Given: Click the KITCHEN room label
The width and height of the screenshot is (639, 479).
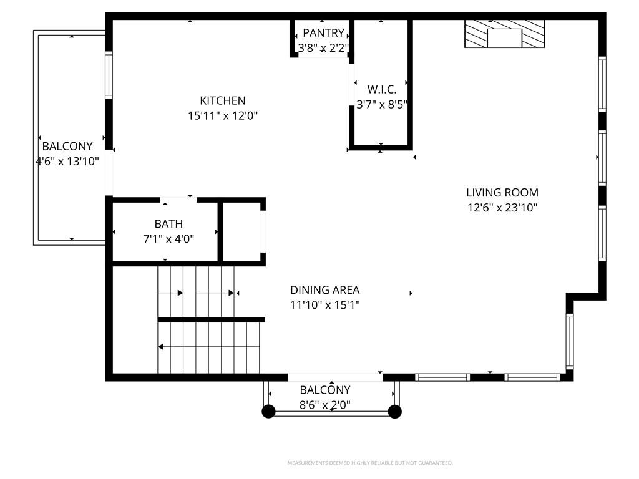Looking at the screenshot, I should click(x=223, y=100).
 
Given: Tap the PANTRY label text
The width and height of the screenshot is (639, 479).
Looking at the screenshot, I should click(x=323, y=33).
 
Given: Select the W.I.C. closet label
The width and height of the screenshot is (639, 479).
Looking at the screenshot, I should click(x=381, y=90).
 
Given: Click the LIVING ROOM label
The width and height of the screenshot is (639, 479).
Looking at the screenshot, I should click(x=502, y=193).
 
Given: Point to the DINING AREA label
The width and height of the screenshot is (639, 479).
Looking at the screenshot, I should click(x=324, y=290).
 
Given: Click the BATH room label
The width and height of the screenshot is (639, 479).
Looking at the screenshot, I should click(x=168, y=224).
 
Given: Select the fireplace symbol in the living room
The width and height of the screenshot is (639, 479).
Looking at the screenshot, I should click(x=504, y=34).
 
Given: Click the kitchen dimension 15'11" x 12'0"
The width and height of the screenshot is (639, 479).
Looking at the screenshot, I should click(x=223, y=115).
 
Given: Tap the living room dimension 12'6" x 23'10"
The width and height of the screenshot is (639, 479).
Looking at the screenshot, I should click(x=502, y=208).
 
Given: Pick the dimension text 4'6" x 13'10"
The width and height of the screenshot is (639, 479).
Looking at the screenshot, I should click(x=67, y=162).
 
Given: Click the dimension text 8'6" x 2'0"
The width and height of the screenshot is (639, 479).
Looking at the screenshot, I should click(x=325, y=405).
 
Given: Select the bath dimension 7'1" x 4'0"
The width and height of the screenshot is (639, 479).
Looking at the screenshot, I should click(x=168, y=238).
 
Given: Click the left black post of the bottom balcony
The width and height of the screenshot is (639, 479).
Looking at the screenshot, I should click(x=268, y=411).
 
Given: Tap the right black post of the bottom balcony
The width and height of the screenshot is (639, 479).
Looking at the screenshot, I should click(x=394, y=411).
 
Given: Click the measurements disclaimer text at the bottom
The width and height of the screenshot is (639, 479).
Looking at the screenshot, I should click(x=369, y=463).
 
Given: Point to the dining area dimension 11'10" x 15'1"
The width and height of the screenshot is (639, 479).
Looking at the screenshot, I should click(x=324, y=305).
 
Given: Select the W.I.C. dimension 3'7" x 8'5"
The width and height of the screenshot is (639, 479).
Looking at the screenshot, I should click(x=381, y=105).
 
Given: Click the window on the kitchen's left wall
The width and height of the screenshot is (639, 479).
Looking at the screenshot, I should click(x=109, y=75).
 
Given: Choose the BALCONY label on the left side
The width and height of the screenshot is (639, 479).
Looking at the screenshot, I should click(x=67, y=147).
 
